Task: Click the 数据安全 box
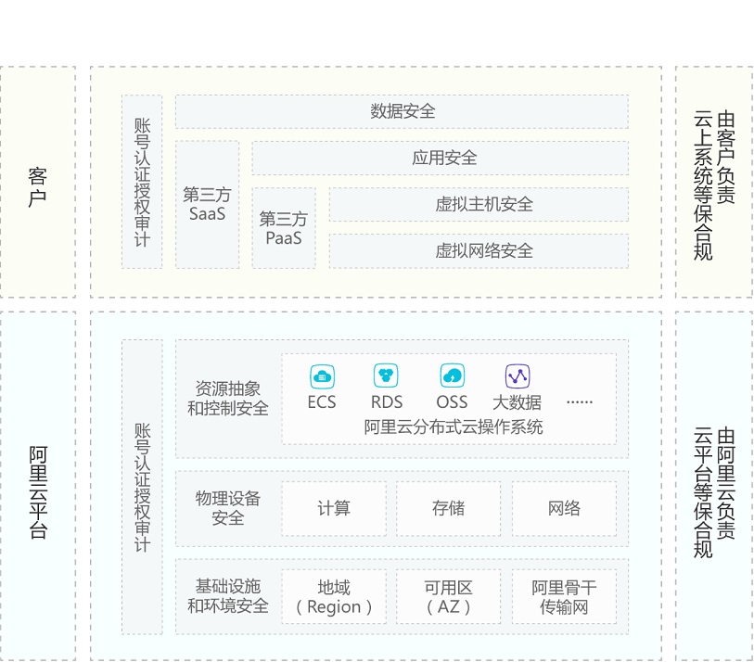(x=402, y=111)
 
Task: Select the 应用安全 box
(x=440, y=158)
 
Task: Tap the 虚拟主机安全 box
(x=479, y=204)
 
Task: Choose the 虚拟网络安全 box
(x=479, y=250)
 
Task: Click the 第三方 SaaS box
(x=207, y=205)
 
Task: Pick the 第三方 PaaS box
(x=283, y=228)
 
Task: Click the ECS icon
(x=322, y=376)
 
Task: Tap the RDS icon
(x=386, y=376)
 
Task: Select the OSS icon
(x=452, y=376)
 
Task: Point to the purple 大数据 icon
(x=517, y=376)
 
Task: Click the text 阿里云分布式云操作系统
(x=454, y=427)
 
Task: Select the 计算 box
(x=334, y=508)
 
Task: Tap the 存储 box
(x=449, y=508)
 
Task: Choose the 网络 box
(x=564, y=508)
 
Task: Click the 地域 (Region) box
(x=334, y=597)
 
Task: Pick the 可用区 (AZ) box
(x=449, y=597)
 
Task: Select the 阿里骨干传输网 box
(x=564, y=597)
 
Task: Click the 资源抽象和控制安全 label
(x=228, y=398)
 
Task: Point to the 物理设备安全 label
(x=228, y=508)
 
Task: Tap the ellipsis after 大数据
(x=579, y=401)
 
